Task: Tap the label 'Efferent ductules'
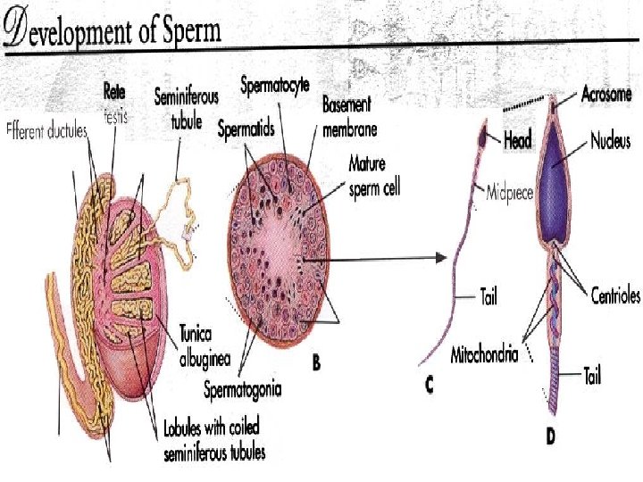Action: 46,131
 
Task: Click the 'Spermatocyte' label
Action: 275,87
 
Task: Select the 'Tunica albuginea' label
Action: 205,346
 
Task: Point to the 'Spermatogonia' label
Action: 243,388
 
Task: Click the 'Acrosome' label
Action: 606,94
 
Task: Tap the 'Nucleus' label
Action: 611,141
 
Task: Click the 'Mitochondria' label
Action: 483,353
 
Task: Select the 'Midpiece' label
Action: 509,191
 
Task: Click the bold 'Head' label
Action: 519,140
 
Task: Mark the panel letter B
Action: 315,364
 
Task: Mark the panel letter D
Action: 552,437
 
